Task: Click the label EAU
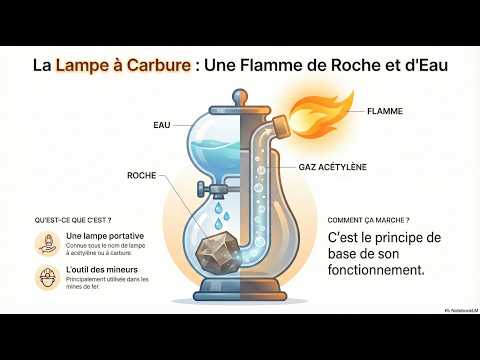point(161,126)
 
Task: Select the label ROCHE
point(142,175)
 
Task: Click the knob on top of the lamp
point(239,97)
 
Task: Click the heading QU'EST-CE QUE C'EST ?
point(73,218)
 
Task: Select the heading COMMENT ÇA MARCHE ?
point(368,218)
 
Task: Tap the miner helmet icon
point(46,277)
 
